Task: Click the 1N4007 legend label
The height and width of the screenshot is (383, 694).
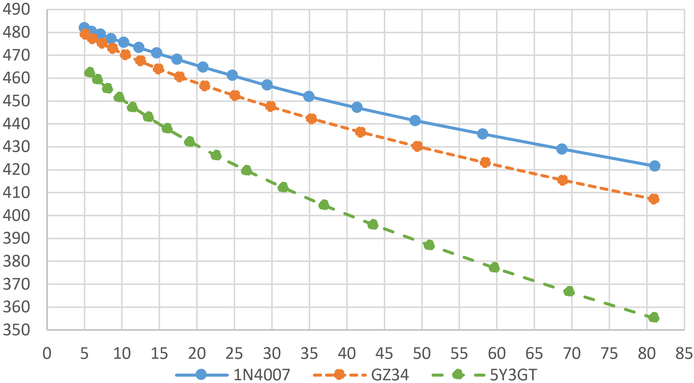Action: (x=261, y=375)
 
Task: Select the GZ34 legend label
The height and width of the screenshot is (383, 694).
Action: (x=390, y=375)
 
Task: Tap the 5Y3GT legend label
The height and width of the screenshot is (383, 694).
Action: (x=513, y=375)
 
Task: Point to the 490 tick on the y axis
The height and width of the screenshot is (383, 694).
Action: (x=16, y=10)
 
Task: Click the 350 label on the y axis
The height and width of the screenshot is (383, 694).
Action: (x=16, y=330)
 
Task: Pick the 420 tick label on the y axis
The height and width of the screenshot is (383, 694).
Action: (x=16, y=170)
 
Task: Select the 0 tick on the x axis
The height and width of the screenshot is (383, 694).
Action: (x=47, y=353)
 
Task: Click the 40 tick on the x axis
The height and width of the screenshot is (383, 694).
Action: (x=347, y=353)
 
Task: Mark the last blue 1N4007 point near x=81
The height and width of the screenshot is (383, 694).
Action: (x=655, y=166)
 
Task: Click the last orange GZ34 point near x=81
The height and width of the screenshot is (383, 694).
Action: (x=654, y=199)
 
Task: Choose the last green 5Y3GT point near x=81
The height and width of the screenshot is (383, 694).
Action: (x=654, y=317)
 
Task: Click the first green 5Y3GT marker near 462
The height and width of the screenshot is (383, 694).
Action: (x=90, y=72)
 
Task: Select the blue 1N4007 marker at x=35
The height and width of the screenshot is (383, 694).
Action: (x=309, y=97)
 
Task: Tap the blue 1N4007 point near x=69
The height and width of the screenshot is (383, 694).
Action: (x=562, y=149)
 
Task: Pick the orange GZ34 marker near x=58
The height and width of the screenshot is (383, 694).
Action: (x=485, y=162)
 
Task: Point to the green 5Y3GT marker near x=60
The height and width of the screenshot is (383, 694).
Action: (x=494, y=267)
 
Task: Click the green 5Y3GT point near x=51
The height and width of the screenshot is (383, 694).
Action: (x=429, y=245)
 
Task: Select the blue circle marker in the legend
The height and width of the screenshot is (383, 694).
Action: (x=201, y=375)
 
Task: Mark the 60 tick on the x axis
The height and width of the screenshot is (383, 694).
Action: (x=497, y=353)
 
